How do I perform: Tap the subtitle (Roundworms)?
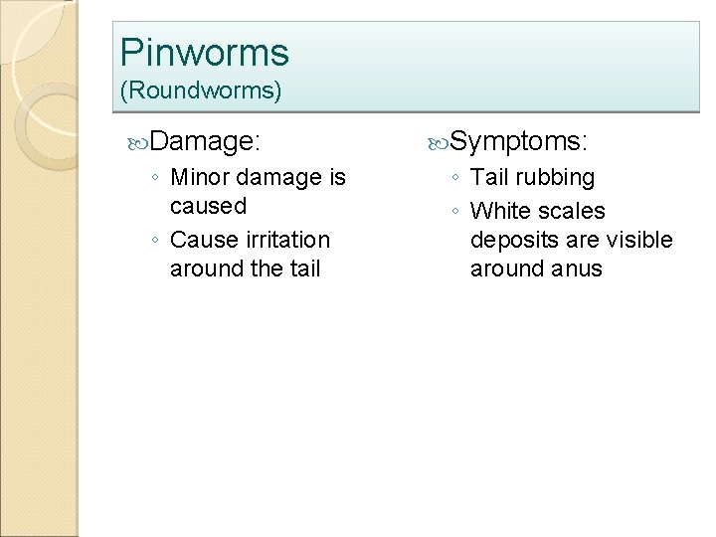(x=201, y=91)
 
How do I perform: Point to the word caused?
(x=208, y=207)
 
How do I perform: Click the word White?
(x=501, y=211)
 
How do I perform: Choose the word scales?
(x=571, y=211)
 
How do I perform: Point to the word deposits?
(x=512, y=240)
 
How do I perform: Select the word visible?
(x=639, y=240)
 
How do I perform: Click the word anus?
(x=578, y=268)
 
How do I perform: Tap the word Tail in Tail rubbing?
(x=491, y=178)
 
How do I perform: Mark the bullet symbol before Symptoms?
(x=439, y=144)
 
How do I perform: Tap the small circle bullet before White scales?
(x=454, y=212)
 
